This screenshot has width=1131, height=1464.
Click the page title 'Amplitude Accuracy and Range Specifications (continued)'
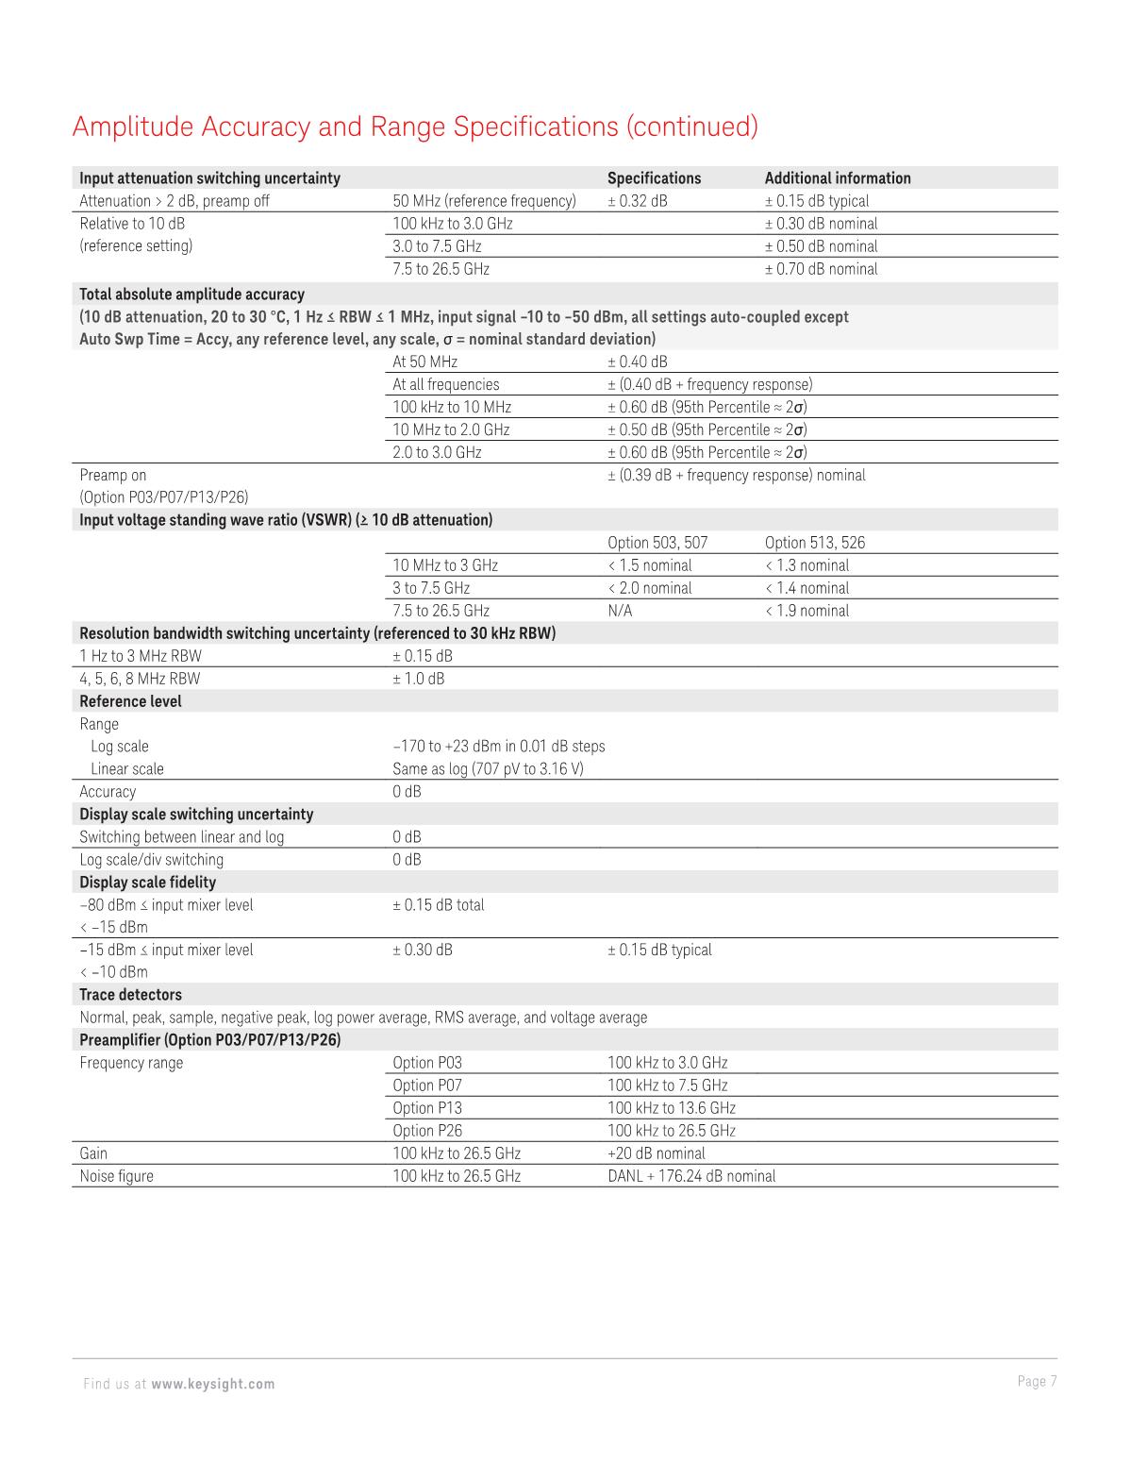point(414,126)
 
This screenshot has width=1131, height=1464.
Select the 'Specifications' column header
point(654,178)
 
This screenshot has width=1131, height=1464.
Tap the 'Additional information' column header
point(837,178)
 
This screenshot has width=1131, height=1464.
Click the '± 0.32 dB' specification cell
point(637,201)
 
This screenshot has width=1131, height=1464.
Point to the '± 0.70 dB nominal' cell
point(820,269)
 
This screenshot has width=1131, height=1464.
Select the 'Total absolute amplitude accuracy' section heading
point(191,294)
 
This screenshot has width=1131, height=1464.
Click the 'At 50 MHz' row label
point(424,362)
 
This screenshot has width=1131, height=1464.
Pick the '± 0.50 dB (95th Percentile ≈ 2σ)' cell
point(707,429)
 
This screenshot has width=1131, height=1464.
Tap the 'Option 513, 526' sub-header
point(814,543)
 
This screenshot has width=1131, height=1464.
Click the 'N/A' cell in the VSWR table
point(620,611)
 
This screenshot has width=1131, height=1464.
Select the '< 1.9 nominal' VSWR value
point(807,611)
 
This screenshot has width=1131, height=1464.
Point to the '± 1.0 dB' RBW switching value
point(418,679)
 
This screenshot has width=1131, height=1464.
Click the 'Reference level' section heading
point(130,701)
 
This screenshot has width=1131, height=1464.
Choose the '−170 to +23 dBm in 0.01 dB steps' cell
point(498,747)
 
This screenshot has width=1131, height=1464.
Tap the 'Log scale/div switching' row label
point(151,860)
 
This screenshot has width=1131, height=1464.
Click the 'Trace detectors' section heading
point(130,995)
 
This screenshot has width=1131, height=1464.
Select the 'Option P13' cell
point(427,1108)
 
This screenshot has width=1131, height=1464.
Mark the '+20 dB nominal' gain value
point(656,1153)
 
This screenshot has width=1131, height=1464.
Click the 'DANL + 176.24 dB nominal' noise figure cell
point(691,1176)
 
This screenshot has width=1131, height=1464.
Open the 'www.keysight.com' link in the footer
point(212,1384)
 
